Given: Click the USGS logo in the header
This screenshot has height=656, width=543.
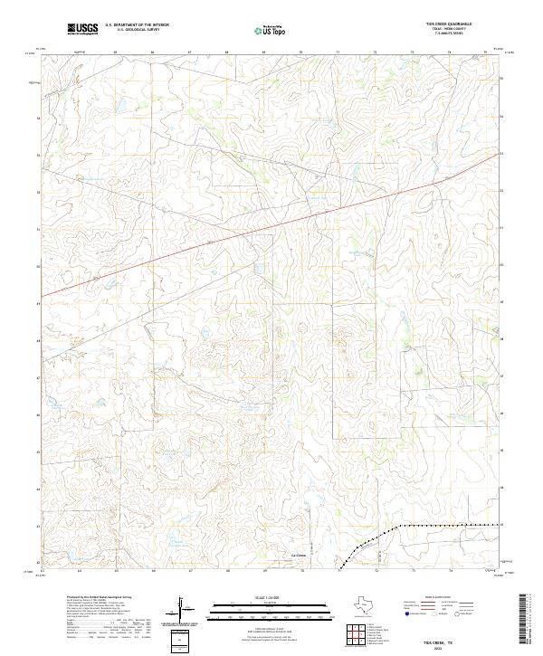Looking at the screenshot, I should pos(82,30).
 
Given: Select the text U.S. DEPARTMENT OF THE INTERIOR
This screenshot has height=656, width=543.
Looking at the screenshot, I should pos(137,26).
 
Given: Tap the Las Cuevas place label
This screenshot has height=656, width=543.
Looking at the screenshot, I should pos(299,554).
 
